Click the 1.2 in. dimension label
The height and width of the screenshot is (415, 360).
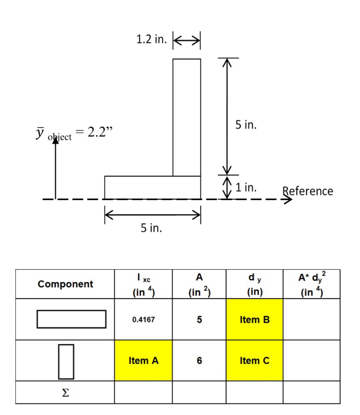[x=151, y=39]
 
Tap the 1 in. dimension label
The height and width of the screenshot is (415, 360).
[x=246, y=187]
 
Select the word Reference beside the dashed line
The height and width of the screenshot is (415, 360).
[x=308, y=191]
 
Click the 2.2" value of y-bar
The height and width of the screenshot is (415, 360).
[x=100, y=132]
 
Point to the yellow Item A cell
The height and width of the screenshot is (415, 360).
[x=143, y=360]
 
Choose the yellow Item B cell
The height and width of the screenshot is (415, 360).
[x=254, y=319]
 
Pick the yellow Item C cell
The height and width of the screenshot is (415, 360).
[x=254, y=360]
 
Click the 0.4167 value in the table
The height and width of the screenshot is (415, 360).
[x=143, y=320]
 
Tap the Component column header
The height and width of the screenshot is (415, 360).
[x=65, y=284]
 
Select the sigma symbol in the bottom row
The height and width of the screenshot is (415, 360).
[x=65, y=393]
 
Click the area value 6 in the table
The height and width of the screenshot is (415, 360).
[x=199, y=361]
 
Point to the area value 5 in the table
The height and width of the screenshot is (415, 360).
[x=199, y=320]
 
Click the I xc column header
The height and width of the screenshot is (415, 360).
[x=144, y=284]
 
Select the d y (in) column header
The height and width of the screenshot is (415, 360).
[x=255, y=284]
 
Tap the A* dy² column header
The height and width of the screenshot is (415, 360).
[x=312, y=284]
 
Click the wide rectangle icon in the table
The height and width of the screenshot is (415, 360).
[x=72, y=319]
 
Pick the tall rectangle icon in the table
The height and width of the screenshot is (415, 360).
[x=66, y=362]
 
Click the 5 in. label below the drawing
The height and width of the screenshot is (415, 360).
[x=151, y=228]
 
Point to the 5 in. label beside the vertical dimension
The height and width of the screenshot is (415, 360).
[x=246, y=124]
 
